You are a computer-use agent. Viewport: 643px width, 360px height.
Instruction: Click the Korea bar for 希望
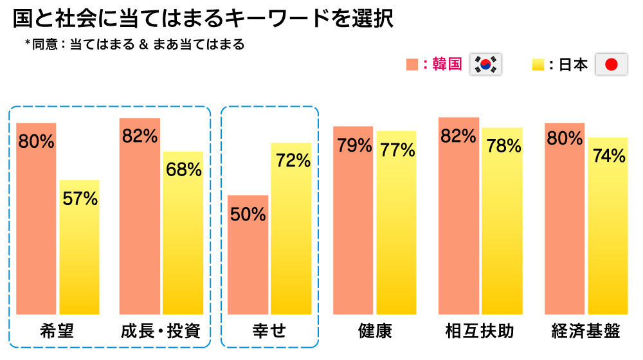point(36,219)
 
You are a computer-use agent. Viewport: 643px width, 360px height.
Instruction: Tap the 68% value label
point(183,170)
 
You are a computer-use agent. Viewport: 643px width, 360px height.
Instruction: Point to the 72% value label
point(293,160)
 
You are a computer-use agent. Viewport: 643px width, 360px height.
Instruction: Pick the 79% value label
point(353,145)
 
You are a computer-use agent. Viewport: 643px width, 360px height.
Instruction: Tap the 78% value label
point(503,146)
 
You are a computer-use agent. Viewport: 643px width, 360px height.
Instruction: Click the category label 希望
point(57,332)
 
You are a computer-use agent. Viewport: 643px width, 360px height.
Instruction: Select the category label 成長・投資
point(161,332)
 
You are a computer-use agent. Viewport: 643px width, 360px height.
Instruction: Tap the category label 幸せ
point(269,332)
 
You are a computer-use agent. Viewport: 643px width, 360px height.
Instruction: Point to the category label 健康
point(375,332)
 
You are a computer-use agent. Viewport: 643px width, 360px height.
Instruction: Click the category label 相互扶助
point(480,332)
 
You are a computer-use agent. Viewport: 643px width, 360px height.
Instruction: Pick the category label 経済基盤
point(586,332)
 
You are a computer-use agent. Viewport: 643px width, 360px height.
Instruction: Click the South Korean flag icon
point(487,64)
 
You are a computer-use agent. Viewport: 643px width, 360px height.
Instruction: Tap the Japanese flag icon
point(611,64)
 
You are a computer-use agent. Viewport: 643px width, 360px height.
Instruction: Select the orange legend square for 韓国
point(412,64)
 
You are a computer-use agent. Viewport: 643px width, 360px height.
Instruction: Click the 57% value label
point(80,199)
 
